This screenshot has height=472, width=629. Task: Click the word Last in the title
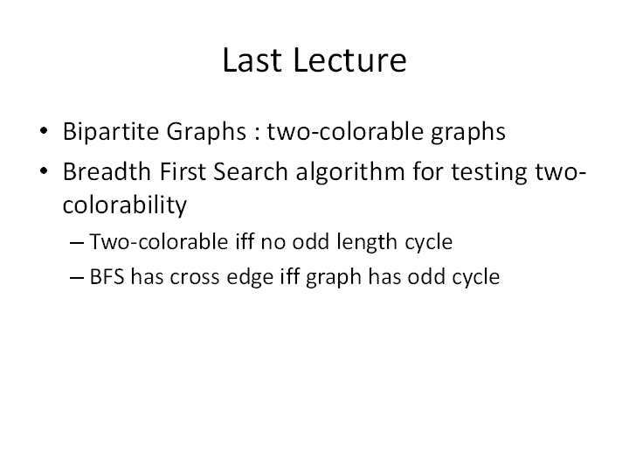(x=252, y=60)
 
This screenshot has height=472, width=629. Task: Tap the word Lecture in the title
(x=350, y=60)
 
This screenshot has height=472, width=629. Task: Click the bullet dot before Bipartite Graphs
(x=44, y=130)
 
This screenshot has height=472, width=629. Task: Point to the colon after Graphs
(x=257, y=134)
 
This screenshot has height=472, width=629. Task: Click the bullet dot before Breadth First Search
(x=44, y=170)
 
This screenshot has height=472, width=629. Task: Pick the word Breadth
(x=107, y=172)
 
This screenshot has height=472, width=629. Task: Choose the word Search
(x=251, y=172)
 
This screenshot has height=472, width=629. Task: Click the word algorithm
(x=350, y=172)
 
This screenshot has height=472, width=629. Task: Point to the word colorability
(x=125, y=205)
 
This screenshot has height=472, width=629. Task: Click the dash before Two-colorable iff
(x=77, y=242)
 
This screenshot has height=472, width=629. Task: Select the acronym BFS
(x=107, y=277)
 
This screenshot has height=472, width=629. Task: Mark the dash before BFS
(x=77, y=277)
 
